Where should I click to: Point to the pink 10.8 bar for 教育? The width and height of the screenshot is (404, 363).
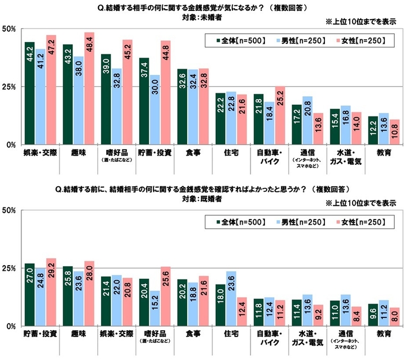pyautogui.click(x=379, y=132)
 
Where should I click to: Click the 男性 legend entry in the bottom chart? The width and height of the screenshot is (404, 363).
pyautogui.click(x=297, y=222)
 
